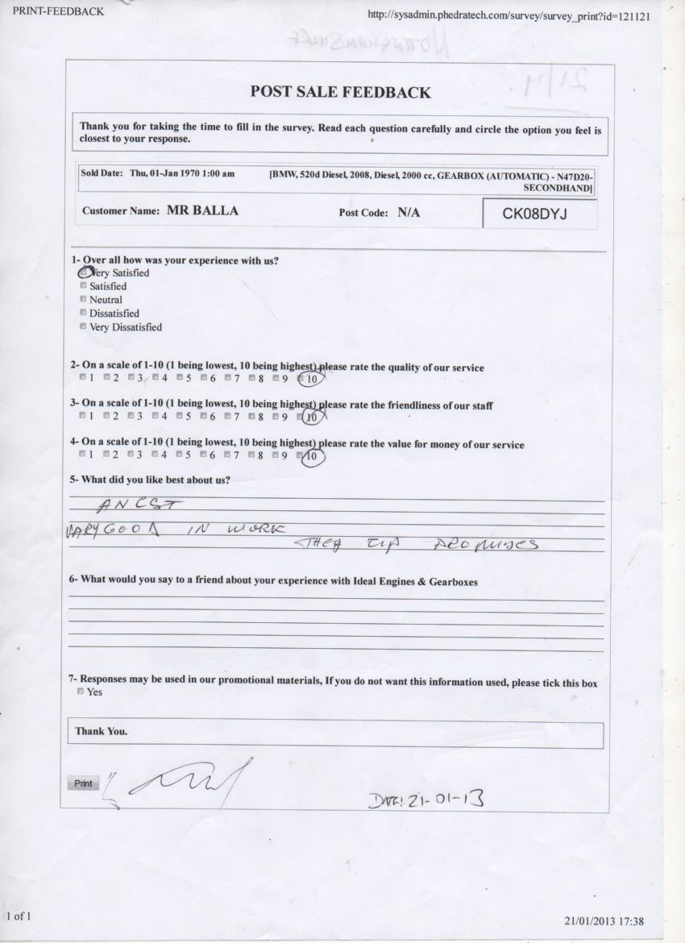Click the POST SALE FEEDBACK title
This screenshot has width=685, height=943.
(341, 92)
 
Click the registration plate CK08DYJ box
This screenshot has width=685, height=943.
(539, 214)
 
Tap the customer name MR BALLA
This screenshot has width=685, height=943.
(202, 212)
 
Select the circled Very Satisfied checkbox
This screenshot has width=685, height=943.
(84, 272)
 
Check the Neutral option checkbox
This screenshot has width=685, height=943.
(83, 300)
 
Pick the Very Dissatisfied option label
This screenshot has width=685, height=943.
(125, 327)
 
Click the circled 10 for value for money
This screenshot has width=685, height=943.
(313, 456)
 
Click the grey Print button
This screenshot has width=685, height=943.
(83, 783)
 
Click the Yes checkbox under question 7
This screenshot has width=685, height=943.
(83, 692)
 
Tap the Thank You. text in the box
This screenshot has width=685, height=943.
(102, 732)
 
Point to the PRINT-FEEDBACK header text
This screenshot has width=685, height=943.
(53, 11)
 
